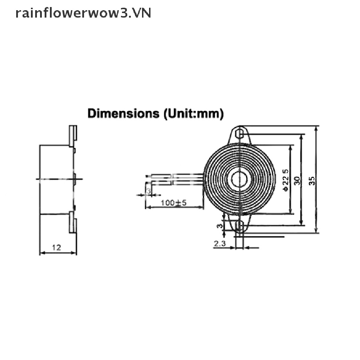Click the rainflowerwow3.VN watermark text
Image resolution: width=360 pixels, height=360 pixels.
83,13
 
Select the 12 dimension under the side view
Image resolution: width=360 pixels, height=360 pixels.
57,247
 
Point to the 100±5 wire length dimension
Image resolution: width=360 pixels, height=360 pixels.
173,202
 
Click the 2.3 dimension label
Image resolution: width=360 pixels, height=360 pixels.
219,243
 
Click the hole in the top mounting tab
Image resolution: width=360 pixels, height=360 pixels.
240,134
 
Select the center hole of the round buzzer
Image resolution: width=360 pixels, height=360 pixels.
239,180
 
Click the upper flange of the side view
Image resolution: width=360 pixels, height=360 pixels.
73,136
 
